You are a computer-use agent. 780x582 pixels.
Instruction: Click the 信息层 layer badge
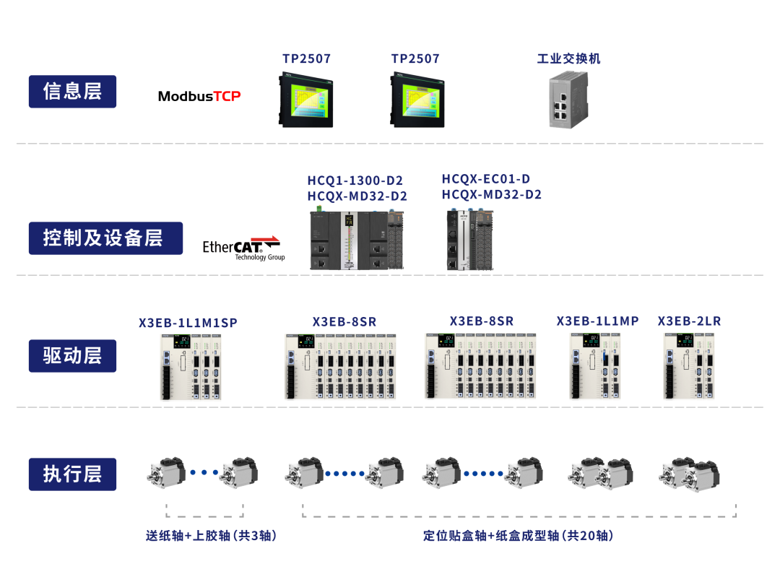pos(72,92)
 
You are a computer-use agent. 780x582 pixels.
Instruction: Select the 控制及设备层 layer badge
pos(105,238)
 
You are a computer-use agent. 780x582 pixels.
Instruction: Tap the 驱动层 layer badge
pos(72,356)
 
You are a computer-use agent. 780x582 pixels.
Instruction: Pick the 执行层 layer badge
pos(72,474)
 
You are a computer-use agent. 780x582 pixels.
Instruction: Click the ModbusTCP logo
pos(199,96)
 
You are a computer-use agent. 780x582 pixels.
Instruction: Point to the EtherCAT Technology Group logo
pos(243,248)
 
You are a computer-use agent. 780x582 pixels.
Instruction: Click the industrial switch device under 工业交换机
pos(568,100)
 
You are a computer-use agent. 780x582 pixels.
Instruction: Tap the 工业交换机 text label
pos(568,58)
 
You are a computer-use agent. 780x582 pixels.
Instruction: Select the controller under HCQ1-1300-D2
pos(357,240)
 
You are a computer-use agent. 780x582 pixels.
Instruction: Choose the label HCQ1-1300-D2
pos(355,181)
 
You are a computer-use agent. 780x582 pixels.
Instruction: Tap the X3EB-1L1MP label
pos(597,321)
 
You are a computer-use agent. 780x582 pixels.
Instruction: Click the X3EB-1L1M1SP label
pos(188,323)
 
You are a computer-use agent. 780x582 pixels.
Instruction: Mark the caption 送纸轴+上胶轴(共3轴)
pos(212,536)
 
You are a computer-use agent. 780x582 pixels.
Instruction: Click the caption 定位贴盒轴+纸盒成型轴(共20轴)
pos(519,536)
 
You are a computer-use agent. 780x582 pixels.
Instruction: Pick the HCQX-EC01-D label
pos(486,179)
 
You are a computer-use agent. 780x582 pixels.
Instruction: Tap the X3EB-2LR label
pos(689,321)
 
